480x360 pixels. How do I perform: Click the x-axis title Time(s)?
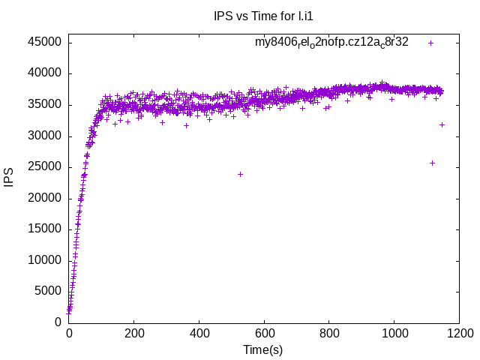262,349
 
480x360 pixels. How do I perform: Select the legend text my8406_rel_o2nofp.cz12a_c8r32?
332,42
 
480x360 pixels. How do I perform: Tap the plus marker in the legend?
430,43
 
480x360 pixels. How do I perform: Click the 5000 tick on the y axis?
48,291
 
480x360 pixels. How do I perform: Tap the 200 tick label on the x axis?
134,331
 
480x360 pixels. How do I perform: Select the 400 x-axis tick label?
199,331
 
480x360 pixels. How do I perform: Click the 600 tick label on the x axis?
263,331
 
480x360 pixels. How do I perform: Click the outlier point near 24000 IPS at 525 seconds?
240,174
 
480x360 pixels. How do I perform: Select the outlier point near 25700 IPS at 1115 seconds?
432,163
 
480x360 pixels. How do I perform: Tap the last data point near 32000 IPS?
442,124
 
